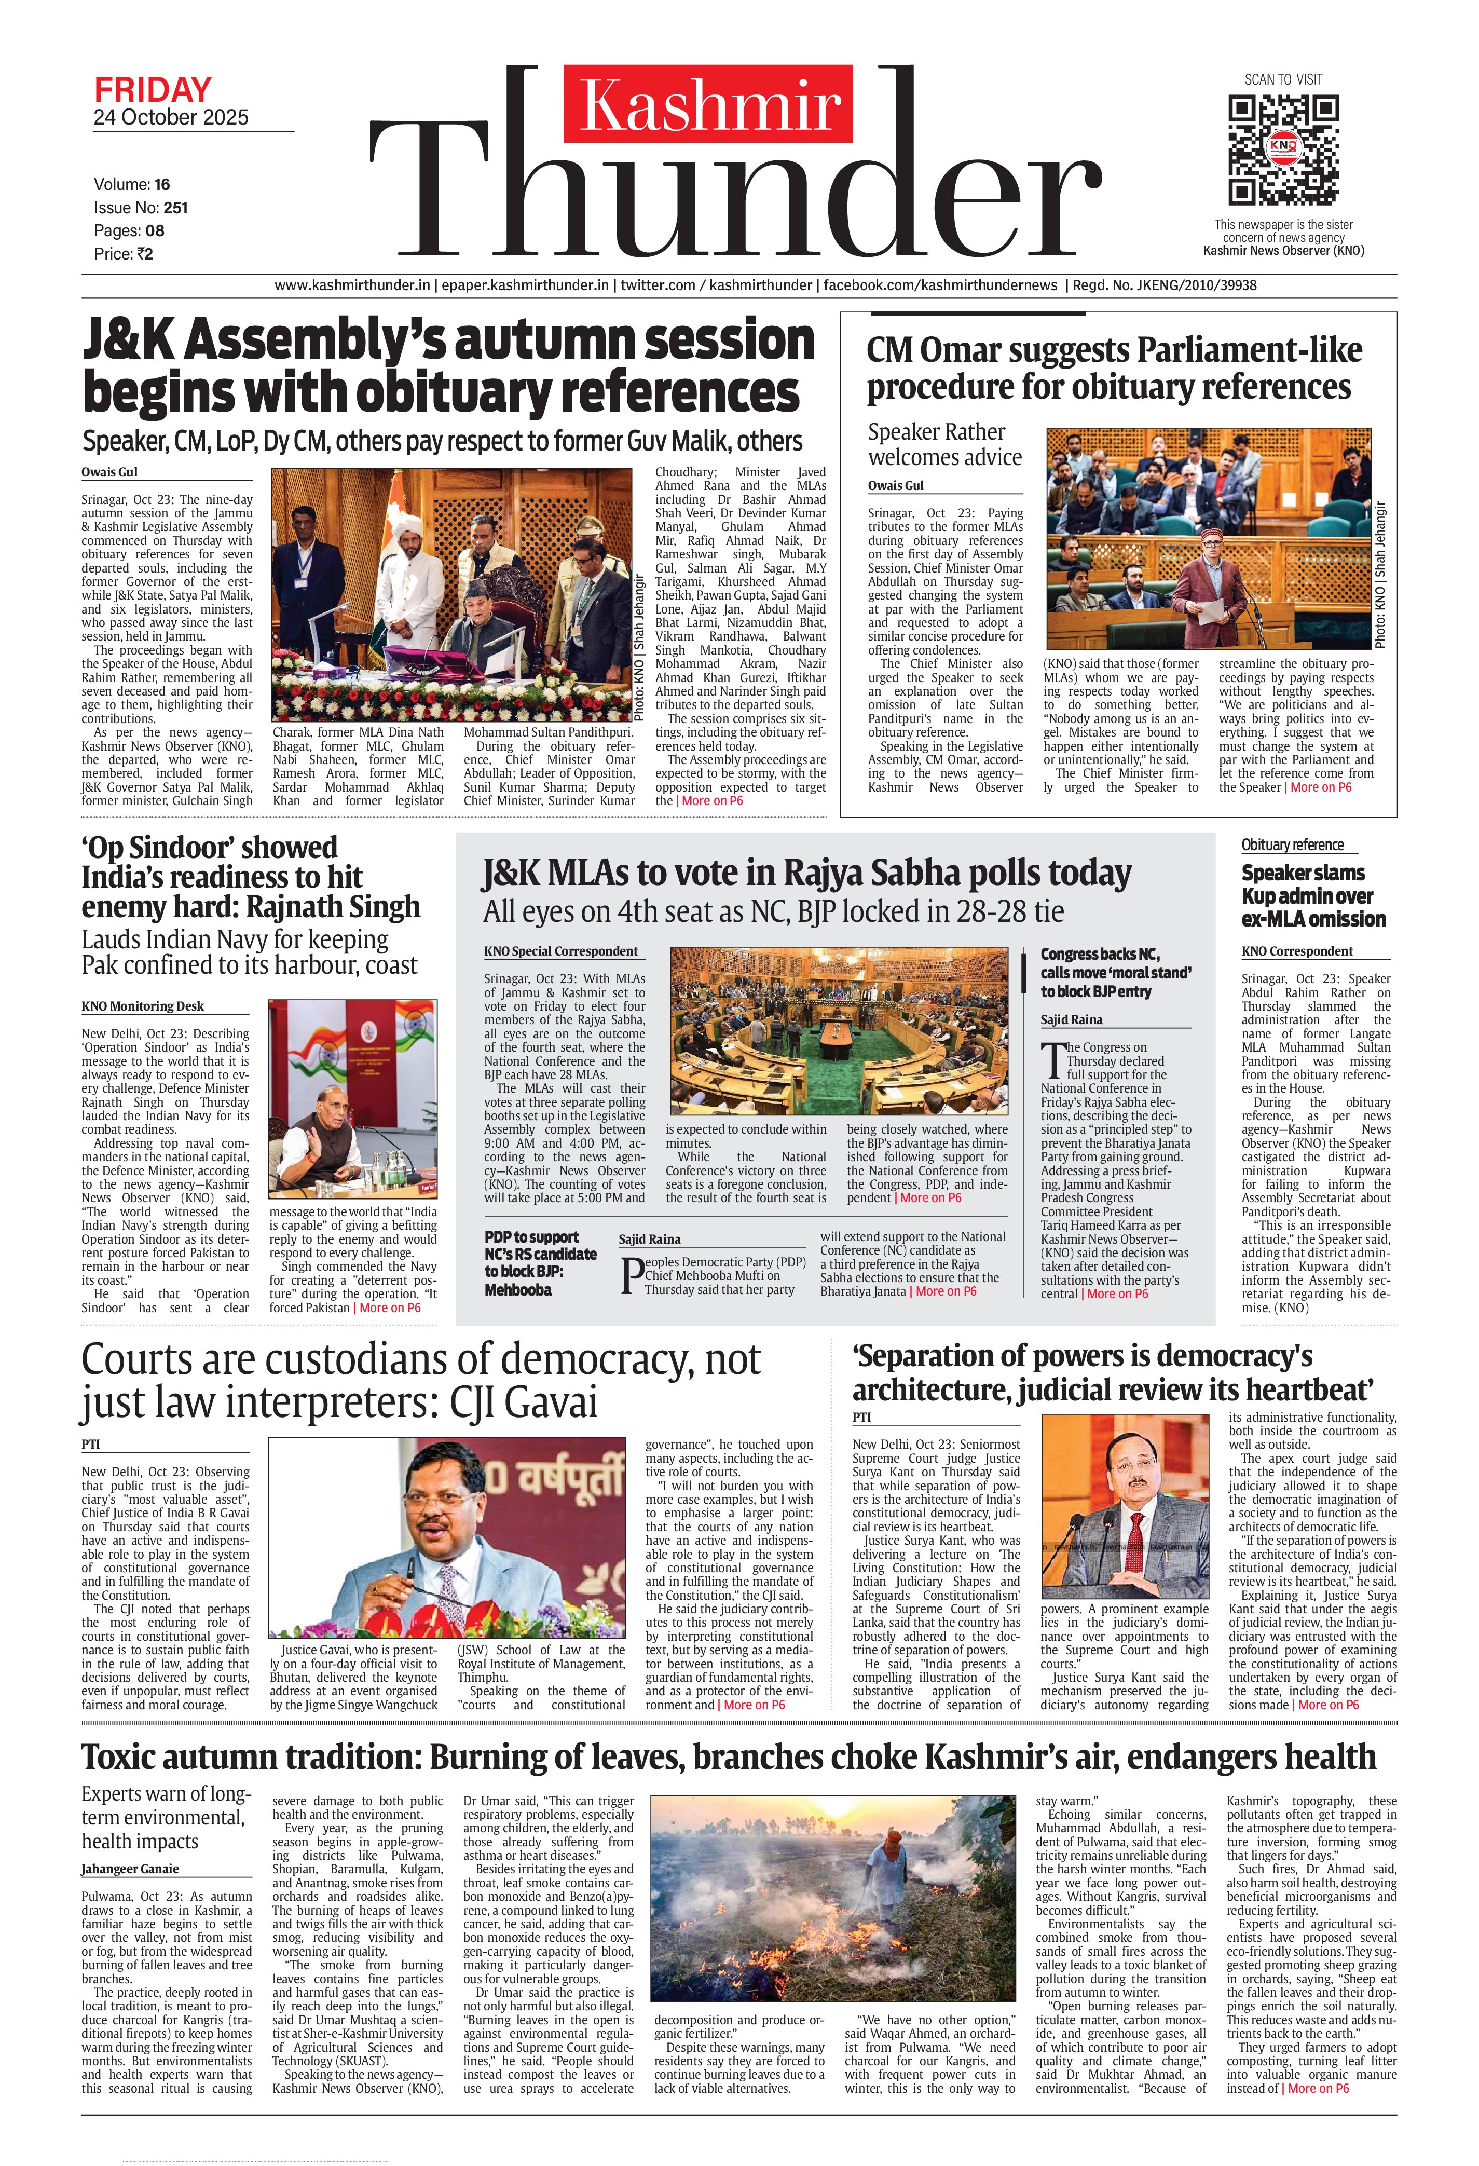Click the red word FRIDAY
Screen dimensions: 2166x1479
(153, 90)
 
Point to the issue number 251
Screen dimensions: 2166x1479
(175, 208)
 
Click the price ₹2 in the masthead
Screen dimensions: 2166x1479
(144, 253)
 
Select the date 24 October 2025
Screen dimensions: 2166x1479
(171, 117)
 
